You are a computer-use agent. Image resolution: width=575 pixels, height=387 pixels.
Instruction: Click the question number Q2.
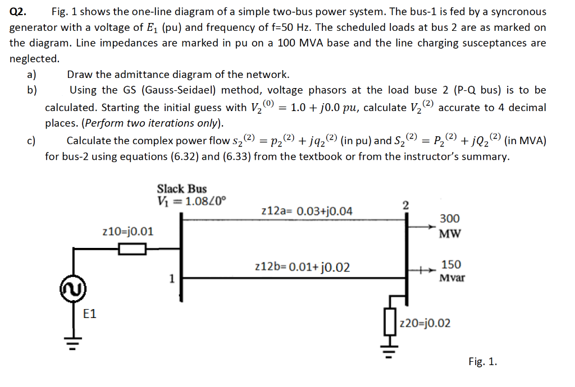tap(20, 11)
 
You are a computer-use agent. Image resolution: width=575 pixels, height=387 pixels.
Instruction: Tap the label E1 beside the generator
tap(90, 314)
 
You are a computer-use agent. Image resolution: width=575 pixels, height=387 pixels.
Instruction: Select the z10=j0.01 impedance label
tap(129, 231)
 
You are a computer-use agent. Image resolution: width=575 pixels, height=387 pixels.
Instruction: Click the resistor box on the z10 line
tap(133, 248)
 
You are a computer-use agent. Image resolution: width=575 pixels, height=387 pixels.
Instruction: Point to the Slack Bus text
tap(181, 189)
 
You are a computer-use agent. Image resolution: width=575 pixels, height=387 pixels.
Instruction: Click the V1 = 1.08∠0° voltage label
tap(192, 201)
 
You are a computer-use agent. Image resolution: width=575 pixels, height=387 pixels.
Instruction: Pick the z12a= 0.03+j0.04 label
tap(307, 211)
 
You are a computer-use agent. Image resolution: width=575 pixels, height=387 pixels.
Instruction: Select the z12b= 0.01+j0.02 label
tap(302, 266)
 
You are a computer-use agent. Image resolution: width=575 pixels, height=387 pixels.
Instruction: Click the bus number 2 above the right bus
tap(407, 204)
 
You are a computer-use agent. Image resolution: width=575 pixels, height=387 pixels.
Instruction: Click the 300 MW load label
tap(449, 225)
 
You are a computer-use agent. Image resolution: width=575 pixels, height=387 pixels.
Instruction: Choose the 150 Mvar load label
tap(451, 270)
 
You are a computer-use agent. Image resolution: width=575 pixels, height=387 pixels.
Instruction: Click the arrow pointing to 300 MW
tap(422, 227)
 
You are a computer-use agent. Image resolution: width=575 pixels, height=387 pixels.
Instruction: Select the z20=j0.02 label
tap(425, 323)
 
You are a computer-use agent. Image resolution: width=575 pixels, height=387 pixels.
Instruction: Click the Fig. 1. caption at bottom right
tap(482, 362)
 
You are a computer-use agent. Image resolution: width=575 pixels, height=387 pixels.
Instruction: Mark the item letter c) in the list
tap(31, 141)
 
